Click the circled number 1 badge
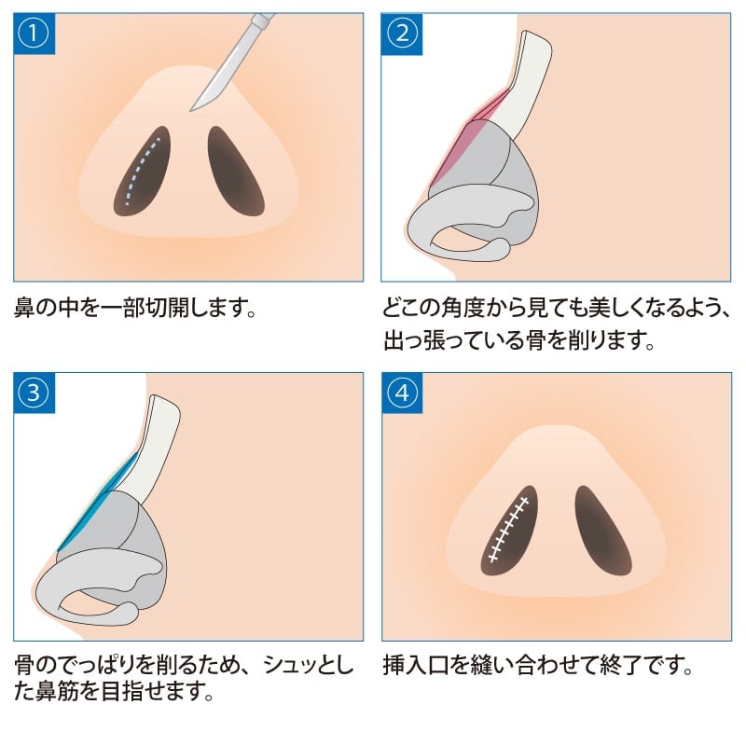34,34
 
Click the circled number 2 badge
402,34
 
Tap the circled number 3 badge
34,393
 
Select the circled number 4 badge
402,393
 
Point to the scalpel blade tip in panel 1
191,111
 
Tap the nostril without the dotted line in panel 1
235,171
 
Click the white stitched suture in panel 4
509,528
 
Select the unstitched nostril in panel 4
602,530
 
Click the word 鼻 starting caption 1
25,308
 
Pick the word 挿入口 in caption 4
416,665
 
